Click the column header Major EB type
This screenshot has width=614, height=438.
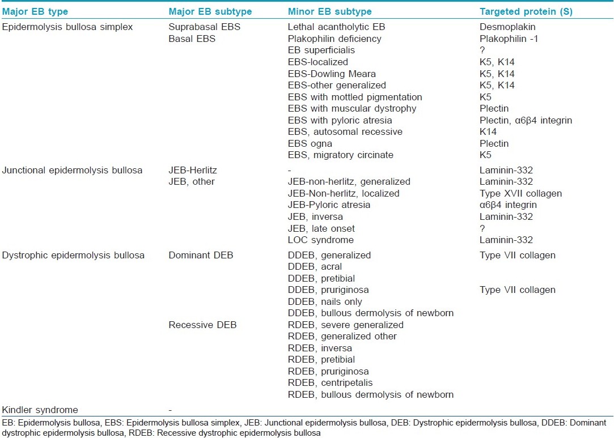[35, 12]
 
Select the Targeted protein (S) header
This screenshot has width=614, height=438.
[526, 12]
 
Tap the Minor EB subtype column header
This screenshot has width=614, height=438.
[330, 12]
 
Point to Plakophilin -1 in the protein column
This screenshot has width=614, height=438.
[509, 39]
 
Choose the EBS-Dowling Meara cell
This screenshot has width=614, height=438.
[332, 74]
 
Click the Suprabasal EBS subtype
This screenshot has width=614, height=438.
[205, 27]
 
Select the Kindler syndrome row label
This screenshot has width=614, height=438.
[40, 410]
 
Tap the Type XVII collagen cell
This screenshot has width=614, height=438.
[521, 193]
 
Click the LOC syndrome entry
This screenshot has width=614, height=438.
[321, 240]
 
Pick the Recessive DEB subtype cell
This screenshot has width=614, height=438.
[202, 325]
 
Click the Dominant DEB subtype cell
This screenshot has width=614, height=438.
[201, 255]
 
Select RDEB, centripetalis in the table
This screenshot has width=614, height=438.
[330, 382]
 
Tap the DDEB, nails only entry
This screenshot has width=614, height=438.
[325, 301]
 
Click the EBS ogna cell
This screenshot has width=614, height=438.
[310, 143]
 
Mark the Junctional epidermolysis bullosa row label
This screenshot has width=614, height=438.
[72, 170]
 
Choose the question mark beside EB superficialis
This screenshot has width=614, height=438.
[482, 50]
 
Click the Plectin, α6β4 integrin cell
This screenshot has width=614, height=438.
[526, 120]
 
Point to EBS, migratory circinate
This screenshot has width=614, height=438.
[341, 155]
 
